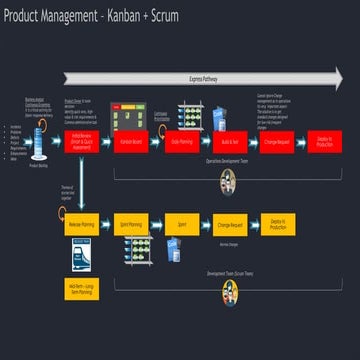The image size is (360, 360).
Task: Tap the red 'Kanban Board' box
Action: [x=130, y=142]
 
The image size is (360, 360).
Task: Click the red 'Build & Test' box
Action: [x=228, y=142]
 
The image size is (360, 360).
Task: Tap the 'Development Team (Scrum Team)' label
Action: [x=229, y=272]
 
